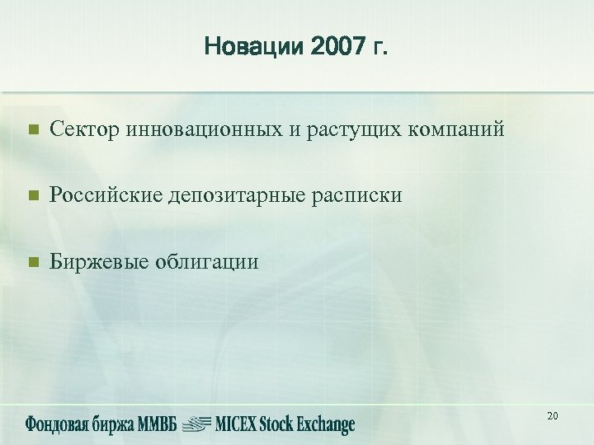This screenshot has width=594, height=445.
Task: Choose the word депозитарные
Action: coord(232,196)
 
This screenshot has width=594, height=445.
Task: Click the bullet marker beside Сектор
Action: coord(32,130)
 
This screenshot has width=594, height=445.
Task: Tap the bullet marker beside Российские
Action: coord(32,196)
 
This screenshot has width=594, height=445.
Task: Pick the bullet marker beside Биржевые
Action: coord(32,262)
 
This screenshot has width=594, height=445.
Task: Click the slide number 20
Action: coord(552,416)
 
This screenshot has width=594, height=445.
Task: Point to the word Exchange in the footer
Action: coord(323,424)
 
